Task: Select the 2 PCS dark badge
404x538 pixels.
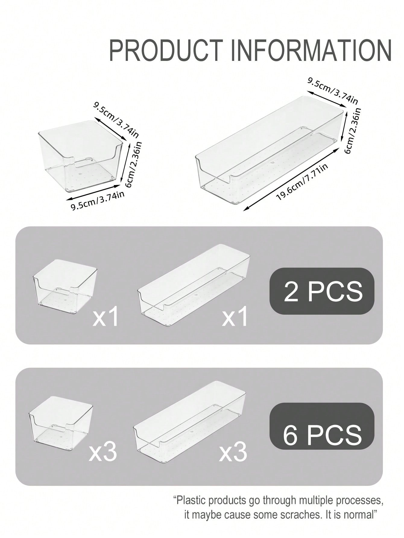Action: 322,291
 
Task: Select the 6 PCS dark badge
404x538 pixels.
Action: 322,426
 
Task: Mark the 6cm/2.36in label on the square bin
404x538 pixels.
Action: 134,165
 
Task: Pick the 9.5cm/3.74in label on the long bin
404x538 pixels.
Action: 333,91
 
